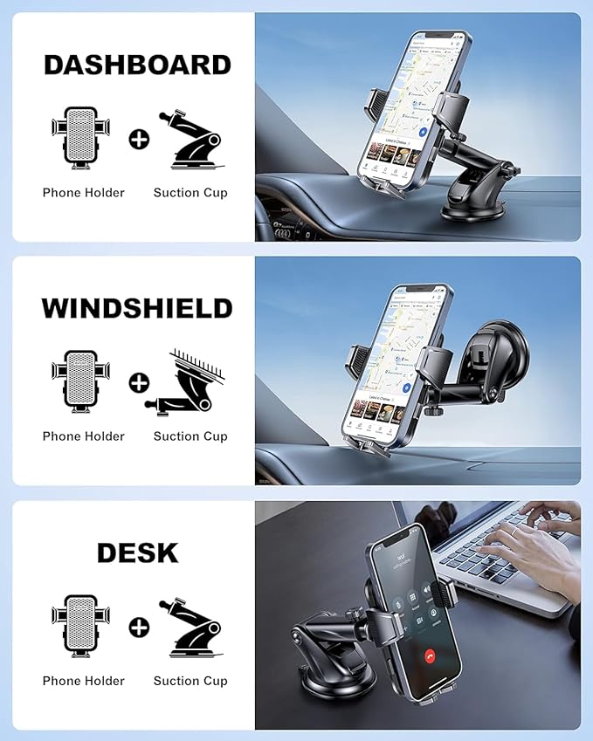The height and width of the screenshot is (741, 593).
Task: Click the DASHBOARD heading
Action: coord(137,65)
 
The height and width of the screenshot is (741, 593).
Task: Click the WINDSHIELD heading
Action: coord(137,308)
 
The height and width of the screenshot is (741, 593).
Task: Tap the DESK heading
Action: coord(137,552)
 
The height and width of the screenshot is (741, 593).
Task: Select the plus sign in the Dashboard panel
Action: coord(139,139)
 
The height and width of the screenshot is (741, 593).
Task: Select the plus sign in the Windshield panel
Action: coord(139,382)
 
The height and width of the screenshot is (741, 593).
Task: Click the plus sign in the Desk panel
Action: coord(139,627)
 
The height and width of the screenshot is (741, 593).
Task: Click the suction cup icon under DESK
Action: coord(190,627)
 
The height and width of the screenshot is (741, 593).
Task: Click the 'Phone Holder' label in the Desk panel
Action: coord(83,681)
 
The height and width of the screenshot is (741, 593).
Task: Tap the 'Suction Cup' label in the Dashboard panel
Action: coord(190,193)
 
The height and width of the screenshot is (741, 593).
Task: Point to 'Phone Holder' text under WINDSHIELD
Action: coord(83,436)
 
